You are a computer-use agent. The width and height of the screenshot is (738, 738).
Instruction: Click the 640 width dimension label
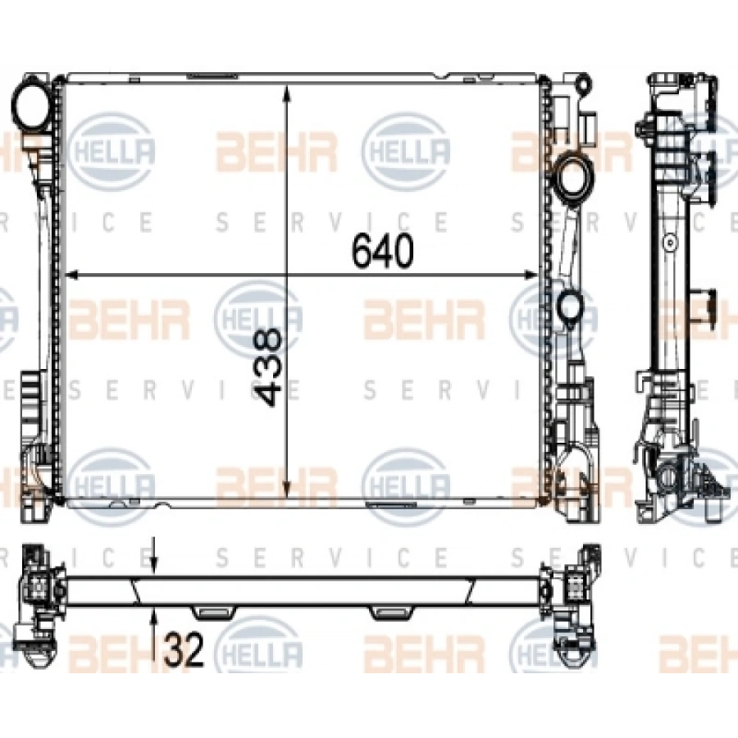click(380, 251)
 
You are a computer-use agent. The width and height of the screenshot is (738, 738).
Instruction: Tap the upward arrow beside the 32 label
click(154, 617)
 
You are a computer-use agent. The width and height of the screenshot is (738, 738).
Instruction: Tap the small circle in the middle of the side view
click(670, 243)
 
